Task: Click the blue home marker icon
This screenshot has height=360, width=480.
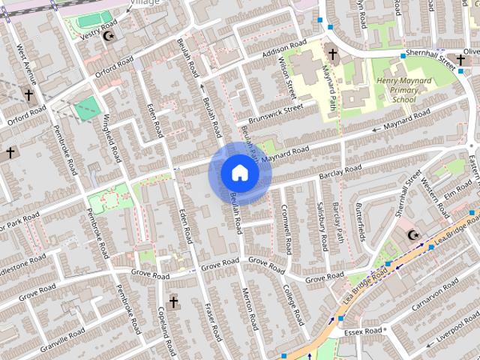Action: click(x=239, y=173)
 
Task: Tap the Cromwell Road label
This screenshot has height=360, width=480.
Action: click(x=287, y=228)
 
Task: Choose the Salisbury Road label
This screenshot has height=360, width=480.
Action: click(x=322, y=227)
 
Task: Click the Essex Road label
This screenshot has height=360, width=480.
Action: click(x=364, y=331)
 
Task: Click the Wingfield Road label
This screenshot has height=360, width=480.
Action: click(x=112, y=138)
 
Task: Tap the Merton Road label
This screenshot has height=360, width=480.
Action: click(x=250, y=307)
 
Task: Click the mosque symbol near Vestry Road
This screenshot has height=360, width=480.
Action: click(x=109, y=35)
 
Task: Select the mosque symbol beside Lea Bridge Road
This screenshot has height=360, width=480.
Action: click(x=411, y=235)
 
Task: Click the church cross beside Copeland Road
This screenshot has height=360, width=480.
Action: click(x=173, y=302)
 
